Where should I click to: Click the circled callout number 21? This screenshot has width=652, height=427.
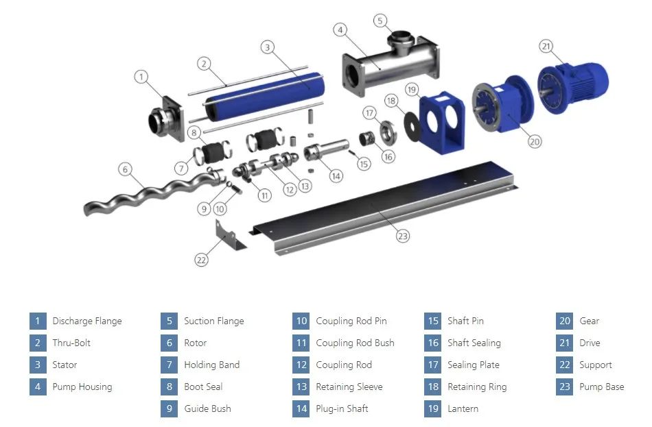(546, 46)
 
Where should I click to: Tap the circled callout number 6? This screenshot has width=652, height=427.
(125, 169)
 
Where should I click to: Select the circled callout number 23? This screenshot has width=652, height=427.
(402, 236)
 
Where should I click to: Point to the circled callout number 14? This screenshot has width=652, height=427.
(336, 176)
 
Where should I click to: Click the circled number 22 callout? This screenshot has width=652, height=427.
(201, 260)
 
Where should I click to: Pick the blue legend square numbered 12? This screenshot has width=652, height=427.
(301, 365)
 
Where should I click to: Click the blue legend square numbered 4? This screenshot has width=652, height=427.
(38, 387)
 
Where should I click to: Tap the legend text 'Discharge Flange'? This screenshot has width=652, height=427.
(87, 321)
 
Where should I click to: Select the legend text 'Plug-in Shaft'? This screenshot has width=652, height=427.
(342, 408)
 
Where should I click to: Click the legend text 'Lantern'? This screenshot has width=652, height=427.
(463, 408)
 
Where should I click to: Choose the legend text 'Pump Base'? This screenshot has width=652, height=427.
(602, 387)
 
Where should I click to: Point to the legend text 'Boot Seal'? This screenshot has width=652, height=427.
(203, 387)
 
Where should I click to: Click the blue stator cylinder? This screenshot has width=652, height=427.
(266, 97)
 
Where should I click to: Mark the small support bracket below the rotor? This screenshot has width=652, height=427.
(229, 236)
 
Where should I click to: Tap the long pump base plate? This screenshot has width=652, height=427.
(384, 208)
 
